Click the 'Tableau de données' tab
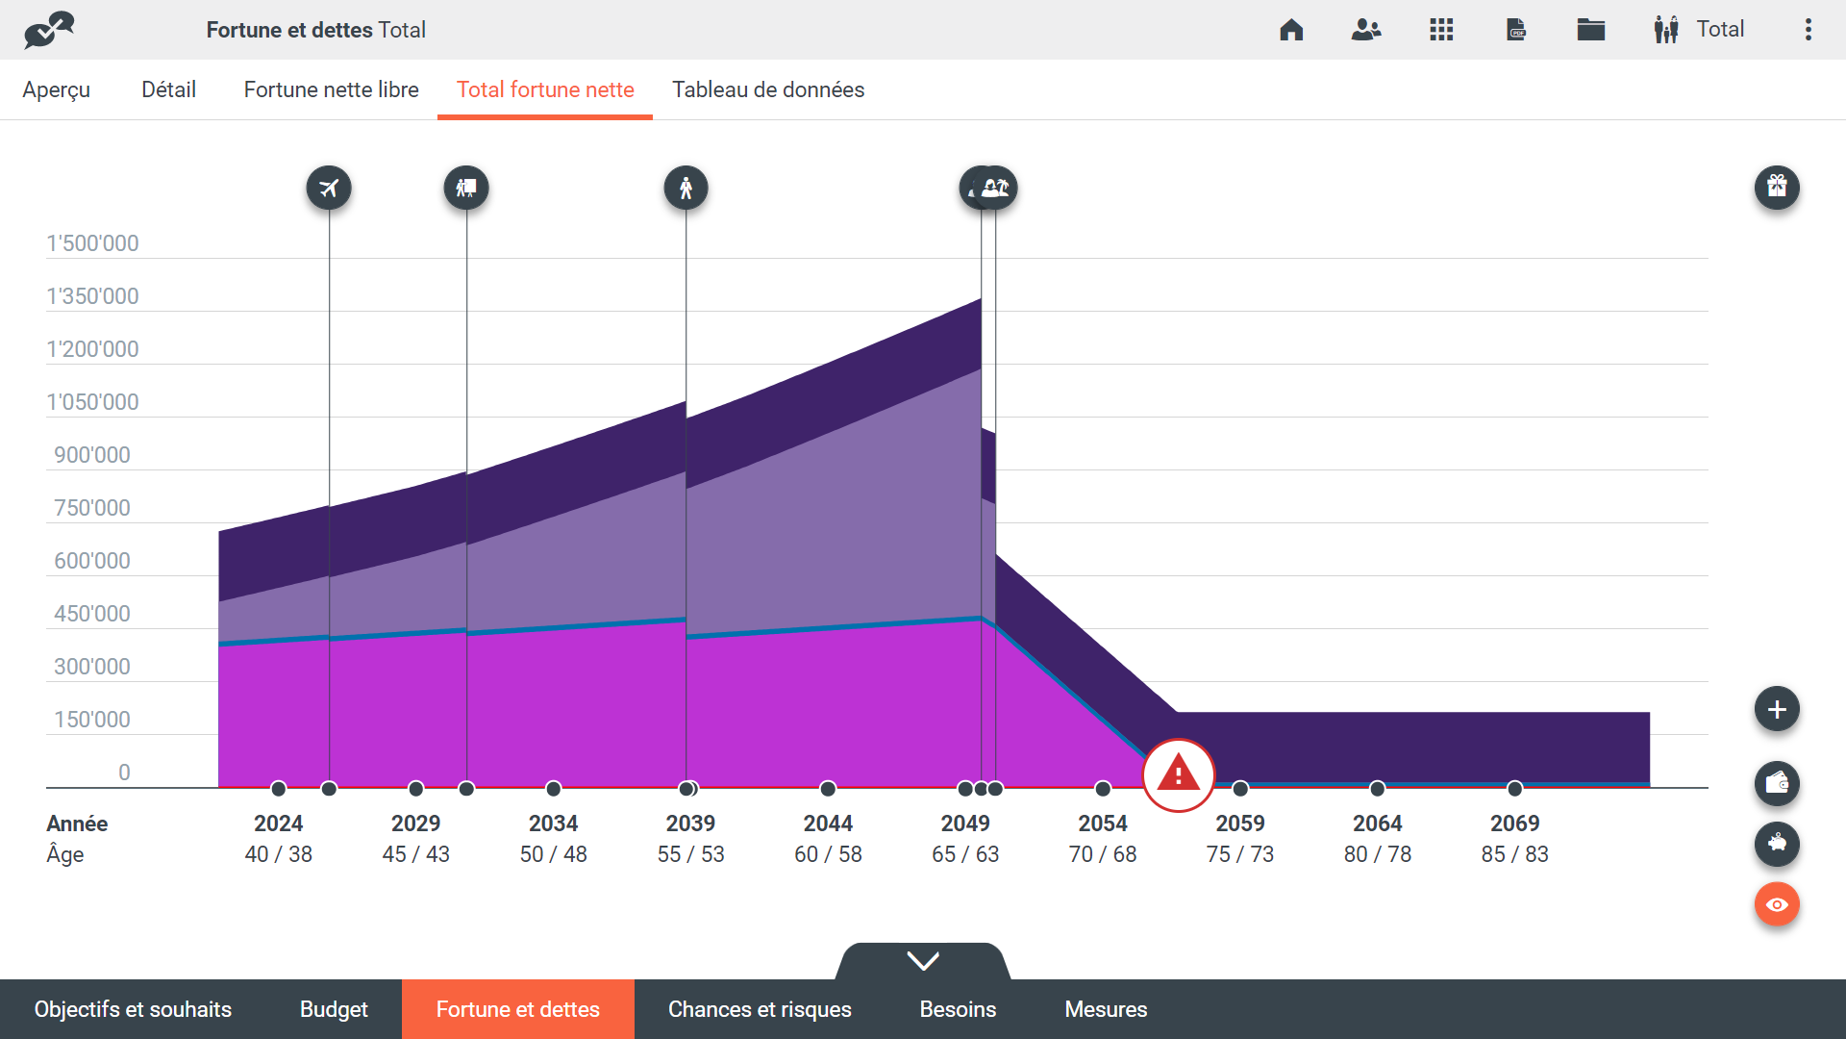pos(767,89)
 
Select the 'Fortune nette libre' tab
pos(331,89)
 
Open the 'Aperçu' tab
pos(57,89)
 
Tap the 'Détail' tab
pos(168,89)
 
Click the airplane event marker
pos(329,188)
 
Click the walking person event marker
pos(686,188)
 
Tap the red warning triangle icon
pos(1178,774)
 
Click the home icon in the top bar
pos(1291,30)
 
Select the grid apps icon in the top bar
pos(1441,30)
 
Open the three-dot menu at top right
pos(1809,30)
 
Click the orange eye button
pos(1777,904)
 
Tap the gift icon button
pos(1777,187)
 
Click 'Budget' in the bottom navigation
pos(334,1009)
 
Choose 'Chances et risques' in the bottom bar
pos(760,1009)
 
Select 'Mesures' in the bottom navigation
pos(1106,1009)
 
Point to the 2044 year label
pos(828,824)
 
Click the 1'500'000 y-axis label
pos(93,243)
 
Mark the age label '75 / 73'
pos(1240,854)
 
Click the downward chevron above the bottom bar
pos(923,961)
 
